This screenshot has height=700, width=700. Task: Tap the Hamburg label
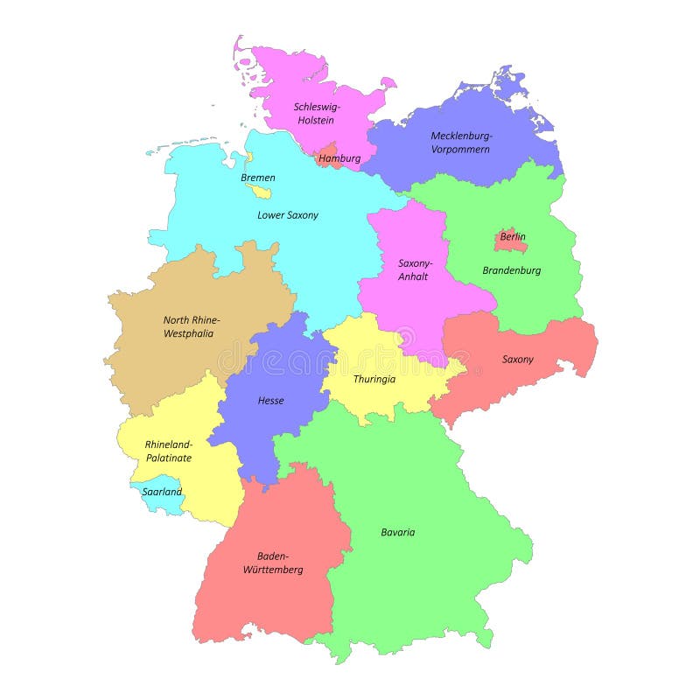339,159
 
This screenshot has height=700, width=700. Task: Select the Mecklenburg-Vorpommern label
461,142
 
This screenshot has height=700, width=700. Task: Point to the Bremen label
258,178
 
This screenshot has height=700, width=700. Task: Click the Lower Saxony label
288,214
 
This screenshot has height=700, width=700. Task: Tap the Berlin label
513,236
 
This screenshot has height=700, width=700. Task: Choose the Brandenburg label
512,270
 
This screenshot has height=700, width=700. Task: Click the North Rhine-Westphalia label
192,326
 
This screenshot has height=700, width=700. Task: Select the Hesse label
270,401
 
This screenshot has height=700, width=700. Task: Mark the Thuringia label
374,379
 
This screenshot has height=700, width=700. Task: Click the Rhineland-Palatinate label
169,451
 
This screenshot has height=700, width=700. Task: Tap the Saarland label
163,492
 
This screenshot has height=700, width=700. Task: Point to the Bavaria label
398,532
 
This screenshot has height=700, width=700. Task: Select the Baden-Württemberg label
280,563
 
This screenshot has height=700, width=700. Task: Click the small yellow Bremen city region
261,191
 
